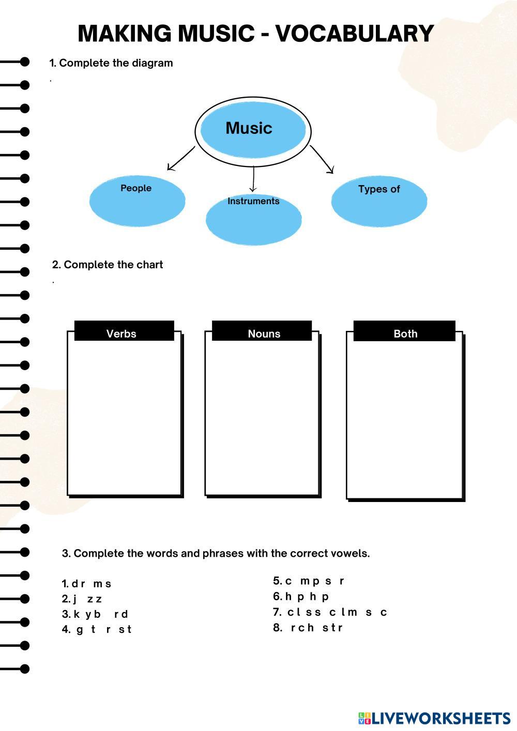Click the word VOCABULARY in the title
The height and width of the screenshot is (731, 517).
point(354,34)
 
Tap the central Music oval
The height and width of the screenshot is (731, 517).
point(253,129)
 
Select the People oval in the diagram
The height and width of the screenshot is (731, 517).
point(137,200)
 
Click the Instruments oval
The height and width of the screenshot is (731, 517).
point(253,219)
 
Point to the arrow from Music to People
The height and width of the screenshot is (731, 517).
point(180,159)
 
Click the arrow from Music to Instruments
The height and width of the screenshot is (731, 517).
point(253,179)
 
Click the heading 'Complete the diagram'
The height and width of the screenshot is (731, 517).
point(111,63)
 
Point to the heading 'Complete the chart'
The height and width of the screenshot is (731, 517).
point(108,265)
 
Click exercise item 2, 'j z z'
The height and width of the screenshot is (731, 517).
point(83,599)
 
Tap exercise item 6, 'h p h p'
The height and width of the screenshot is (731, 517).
point(301,597)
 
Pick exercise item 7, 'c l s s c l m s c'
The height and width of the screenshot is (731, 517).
point(330,612)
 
